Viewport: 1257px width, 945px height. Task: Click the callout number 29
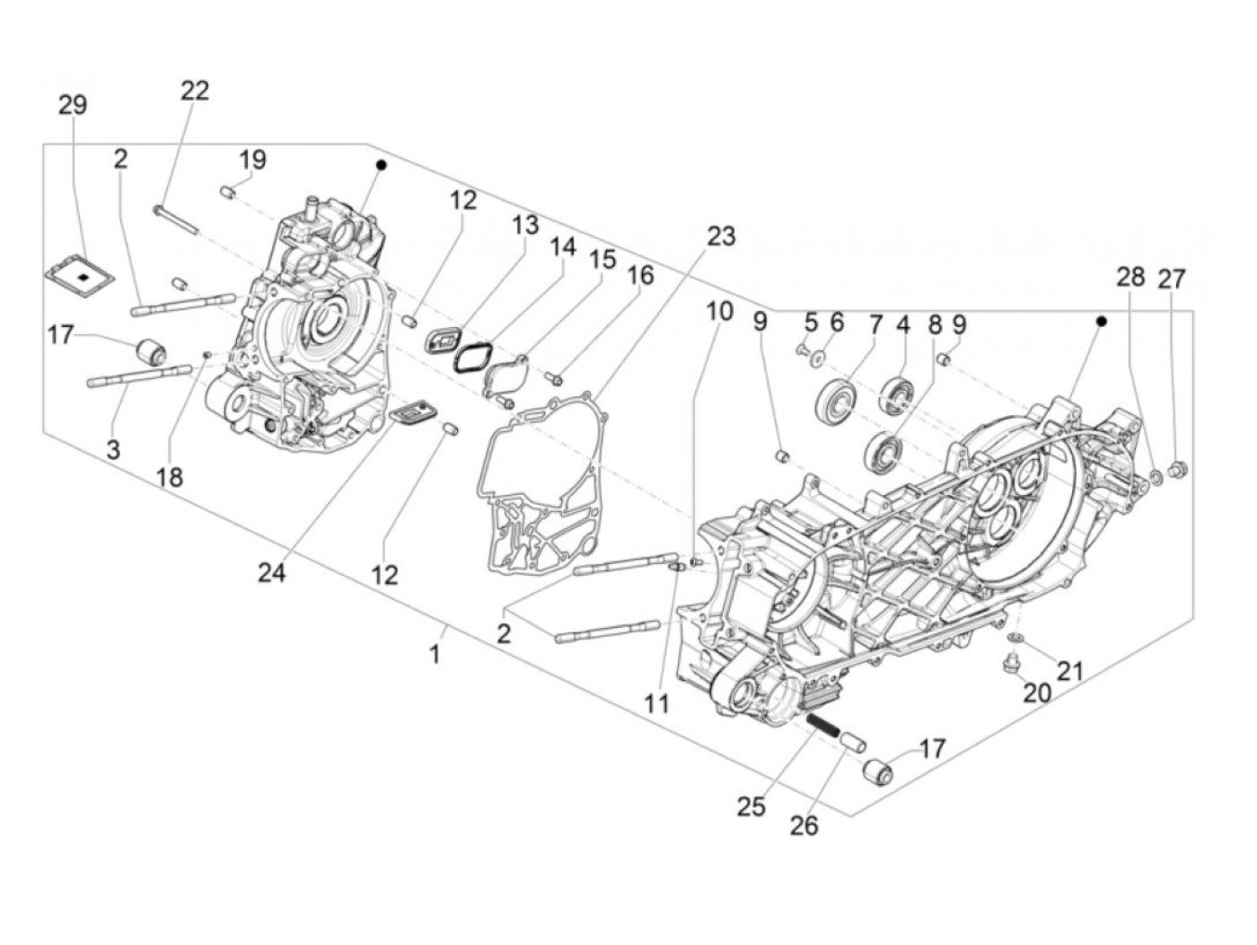point(73,105)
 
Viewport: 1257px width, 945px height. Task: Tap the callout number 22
point(195,91)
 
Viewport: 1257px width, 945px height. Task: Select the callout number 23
point(720,236)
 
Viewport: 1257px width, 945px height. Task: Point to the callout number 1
point(435,655)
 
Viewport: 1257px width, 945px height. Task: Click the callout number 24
point(271,572)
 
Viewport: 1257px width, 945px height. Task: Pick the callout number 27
point(1171,278)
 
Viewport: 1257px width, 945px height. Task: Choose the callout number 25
point(752,807)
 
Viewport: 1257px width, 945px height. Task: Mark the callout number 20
point(1036,693)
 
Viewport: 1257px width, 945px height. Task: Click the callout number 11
point(657,704)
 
